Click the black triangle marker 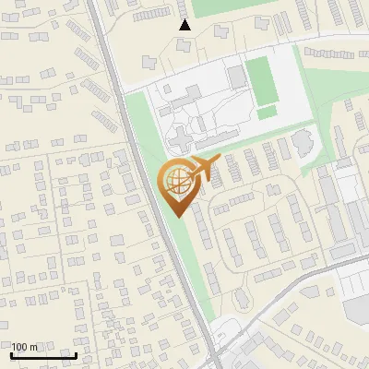pos(185,25)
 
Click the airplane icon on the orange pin pos(202,169)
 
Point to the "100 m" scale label pos(24,346)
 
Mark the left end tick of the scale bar pos(11,354)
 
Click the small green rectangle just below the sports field pos(267,113)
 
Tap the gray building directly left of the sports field pos(237,76)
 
